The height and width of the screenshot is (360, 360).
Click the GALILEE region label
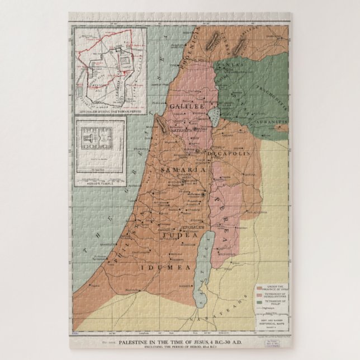(188, 106)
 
